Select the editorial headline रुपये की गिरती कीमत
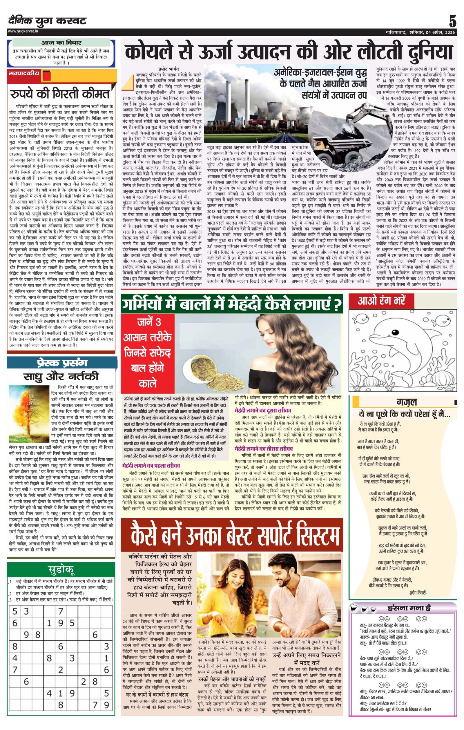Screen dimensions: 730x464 pos(59,94)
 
